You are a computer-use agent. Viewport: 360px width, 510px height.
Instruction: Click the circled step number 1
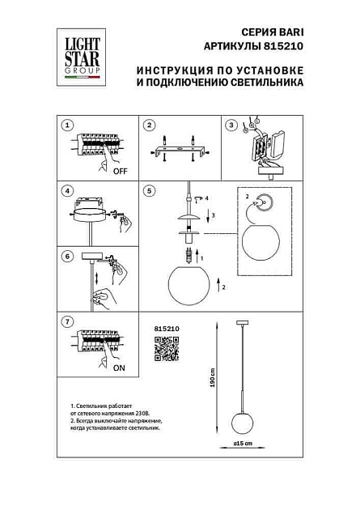[x=69, y=125]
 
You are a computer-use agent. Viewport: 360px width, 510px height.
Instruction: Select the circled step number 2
[x=149, y=125]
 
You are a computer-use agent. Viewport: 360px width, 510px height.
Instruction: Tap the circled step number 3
[x=231, y=125]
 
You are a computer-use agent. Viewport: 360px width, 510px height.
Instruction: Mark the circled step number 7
[x=69, y=321]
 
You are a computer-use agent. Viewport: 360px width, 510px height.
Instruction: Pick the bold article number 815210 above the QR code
[x=165, y=328]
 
